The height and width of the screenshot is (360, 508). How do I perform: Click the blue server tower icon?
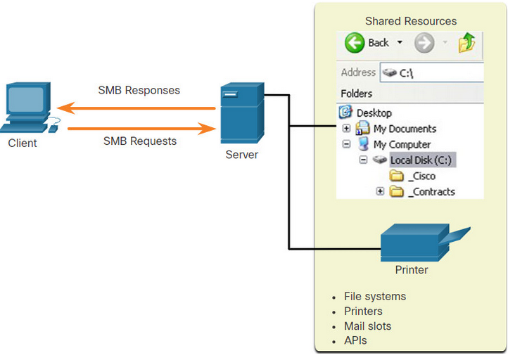coord(242,112)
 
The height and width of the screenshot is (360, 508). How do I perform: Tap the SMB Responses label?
coord(139,90)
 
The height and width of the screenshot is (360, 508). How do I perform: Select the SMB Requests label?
coord(140,141)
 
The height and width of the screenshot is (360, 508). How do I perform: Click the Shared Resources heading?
coord(411,21)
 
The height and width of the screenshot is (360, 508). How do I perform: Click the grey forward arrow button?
coord(424,43)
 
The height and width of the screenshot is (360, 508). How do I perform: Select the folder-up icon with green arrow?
coord(467,43)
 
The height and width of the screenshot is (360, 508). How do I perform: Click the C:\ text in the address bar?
coord(406,74)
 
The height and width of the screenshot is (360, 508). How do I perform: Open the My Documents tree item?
coord(405,129)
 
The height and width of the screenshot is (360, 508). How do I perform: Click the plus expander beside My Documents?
coord(346,129)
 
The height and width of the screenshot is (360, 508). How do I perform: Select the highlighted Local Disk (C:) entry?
coord(421,160)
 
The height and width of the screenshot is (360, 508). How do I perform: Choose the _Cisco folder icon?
coord(396,176)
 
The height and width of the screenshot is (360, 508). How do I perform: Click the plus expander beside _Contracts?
coord(380,191)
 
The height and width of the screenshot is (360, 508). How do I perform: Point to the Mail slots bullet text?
coord(368,326)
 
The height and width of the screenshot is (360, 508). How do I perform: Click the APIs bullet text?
coord(355,340)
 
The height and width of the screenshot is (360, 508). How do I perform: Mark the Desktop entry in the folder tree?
coord(374,113)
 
